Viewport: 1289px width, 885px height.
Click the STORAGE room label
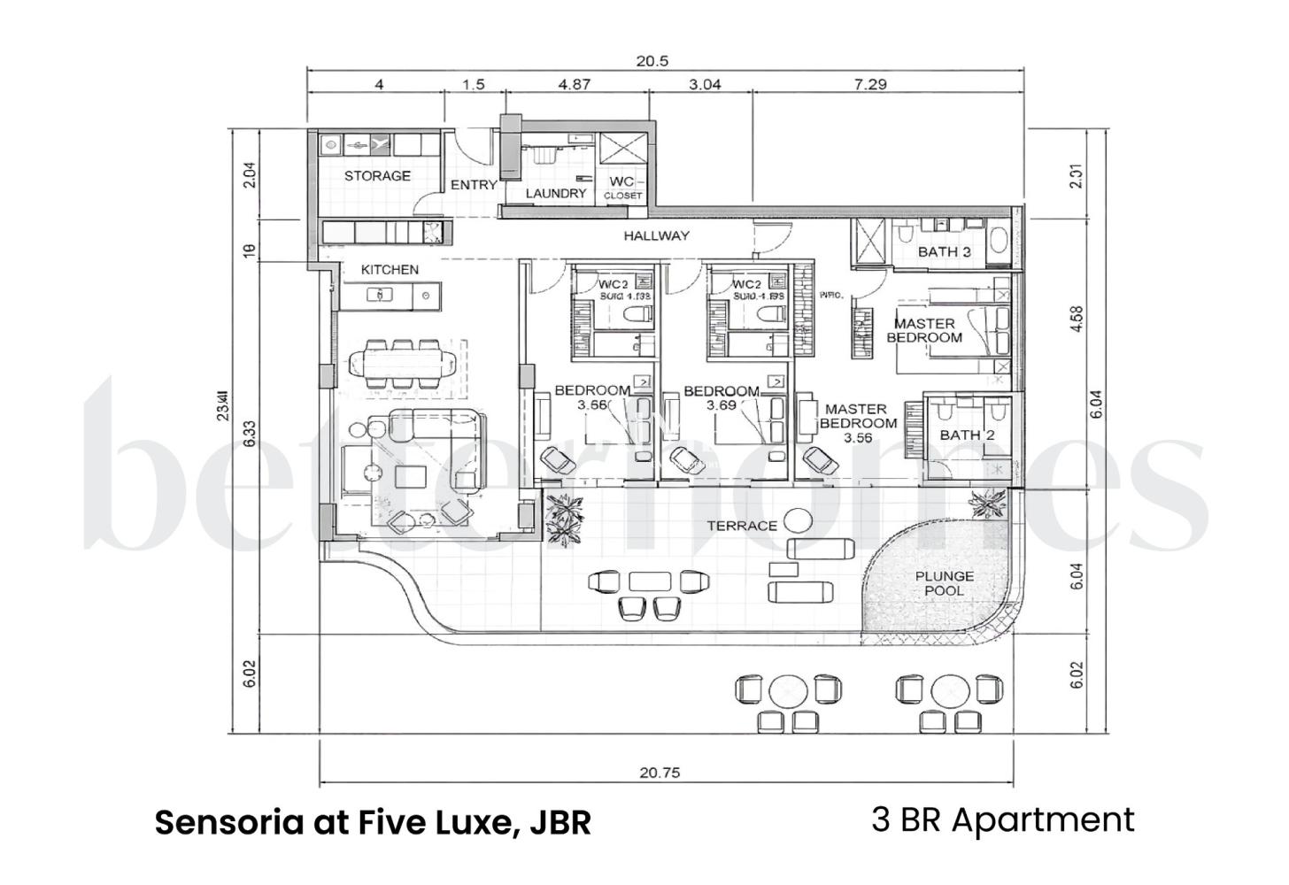[x=377, y=176]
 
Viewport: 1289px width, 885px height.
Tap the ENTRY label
[x=474, y=185]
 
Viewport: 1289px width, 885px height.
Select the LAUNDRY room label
[x=556, y=193]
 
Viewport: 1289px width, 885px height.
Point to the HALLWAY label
[x=656, y=235]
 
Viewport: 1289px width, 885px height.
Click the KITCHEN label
[x=390, y=269]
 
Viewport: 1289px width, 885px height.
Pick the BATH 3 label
[x=944, y=251]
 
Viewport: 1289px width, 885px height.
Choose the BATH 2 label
[x=967, y=435]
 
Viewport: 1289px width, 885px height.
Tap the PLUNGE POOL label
[x=944, y=583]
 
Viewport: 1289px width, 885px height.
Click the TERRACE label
[x=742, y=526]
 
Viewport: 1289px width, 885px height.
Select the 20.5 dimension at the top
[x=652, y=61]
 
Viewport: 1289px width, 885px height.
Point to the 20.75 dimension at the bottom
[x=660, y=773]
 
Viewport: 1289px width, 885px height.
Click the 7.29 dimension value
[x=870, y=85]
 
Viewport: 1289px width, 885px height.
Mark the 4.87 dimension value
[x=574, y=85]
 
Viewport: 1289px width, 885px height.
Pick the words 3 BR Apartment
[x=1002, y=820]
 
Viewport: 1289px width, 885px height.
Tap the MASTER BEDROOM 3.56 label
[x=856, y=423]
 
